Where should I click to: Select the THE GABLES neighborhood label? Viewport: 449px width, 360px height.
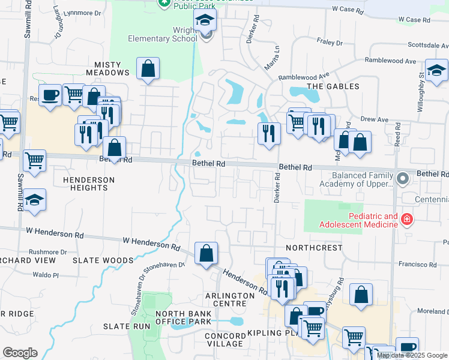[x=333, y=86]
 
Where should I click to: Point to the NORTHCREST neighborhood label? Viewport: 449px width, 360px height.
[x=314, y=247]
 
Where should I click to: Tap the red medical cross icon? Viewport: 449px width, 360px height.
[x=407, y=220]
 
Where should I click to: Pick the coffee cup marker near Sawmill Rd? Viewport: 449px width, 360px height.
[x=50, y=94]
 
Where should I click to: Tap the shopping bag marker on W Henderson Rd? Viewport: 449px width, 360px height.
[x=206, y=253]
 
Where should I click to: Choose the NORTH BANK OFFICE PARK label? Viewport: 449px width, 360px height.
[x=183, y=318]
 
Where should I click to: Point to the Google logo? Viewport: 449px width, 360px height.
[x=20, y=353]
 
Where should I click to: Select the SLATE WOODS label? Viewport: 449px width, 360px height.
[x=103, y=260]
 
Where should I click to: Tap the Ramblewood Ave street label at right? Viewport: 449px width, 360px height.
[x=394, y=61]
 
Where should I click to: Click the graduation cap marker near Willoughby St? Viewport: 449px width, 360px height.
[x=436, y=70]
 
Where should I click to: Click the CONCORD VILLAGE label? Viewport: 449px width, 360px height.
[x=224, y=339]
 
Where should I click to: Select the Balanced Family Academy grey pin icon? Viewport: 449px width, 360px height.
[x=404, y=178]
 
